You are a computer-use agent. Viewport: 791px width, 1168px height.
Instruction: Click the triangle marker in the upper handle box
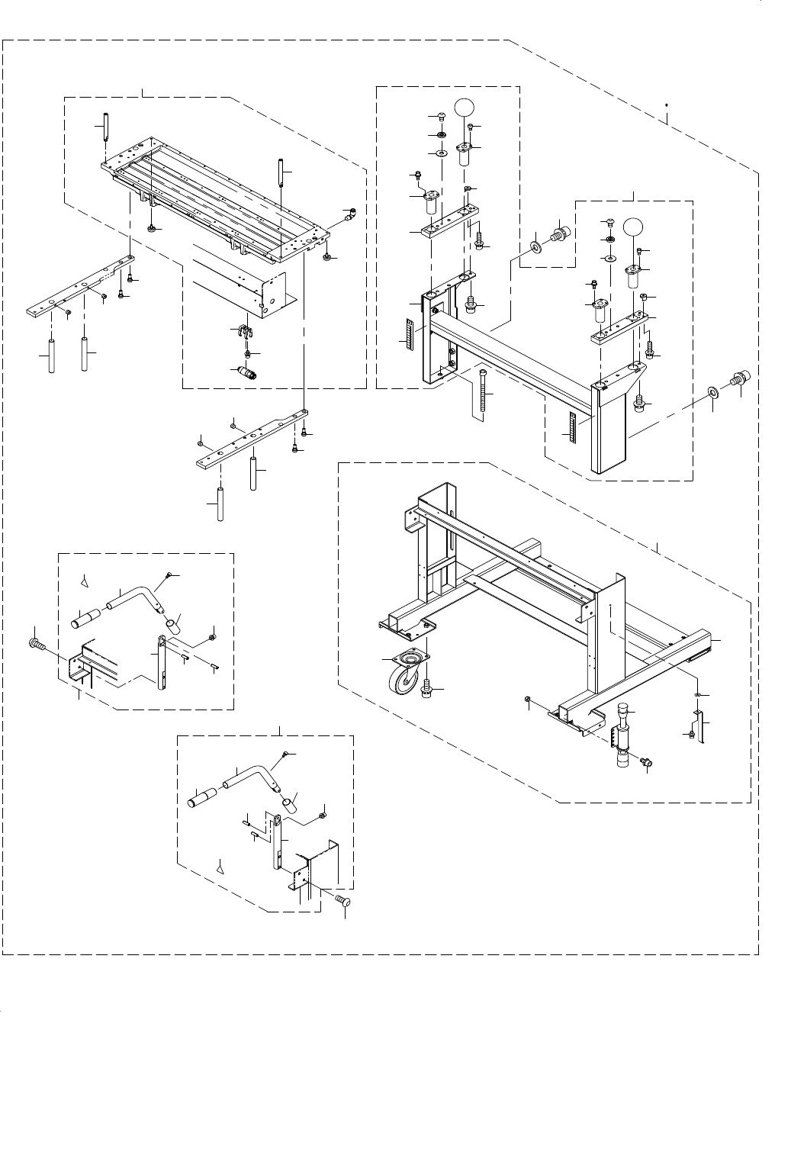point(85,582)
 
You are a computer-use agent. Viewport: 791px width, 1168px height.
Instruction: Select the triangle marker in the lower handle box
point(221,867)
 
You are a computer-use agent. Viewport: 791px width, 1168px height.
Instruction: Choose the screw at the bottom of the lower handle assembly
point(342,902)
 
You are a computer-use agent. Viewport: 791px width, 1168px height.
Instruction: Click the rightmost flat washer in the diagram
point(712,392)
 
